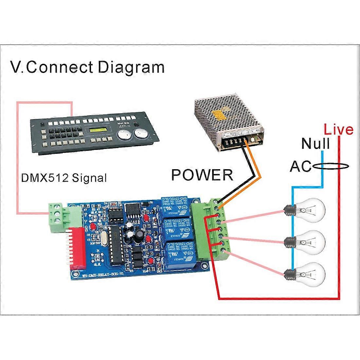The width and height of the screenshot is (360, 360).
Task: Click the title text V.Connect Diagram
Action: click(87, 67)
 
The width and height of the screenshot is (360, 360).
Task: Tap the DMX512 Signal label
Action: click(63, 178)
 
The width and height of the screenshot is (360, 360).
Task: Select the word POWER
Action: click(202, 175)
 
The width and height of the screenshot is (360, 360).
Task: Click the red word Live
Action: click(338, 130)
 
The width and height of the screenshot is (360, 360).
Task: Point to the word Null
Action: click(315, 144)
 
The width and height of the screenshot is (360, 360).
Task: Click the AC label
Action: click(300, 167)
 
